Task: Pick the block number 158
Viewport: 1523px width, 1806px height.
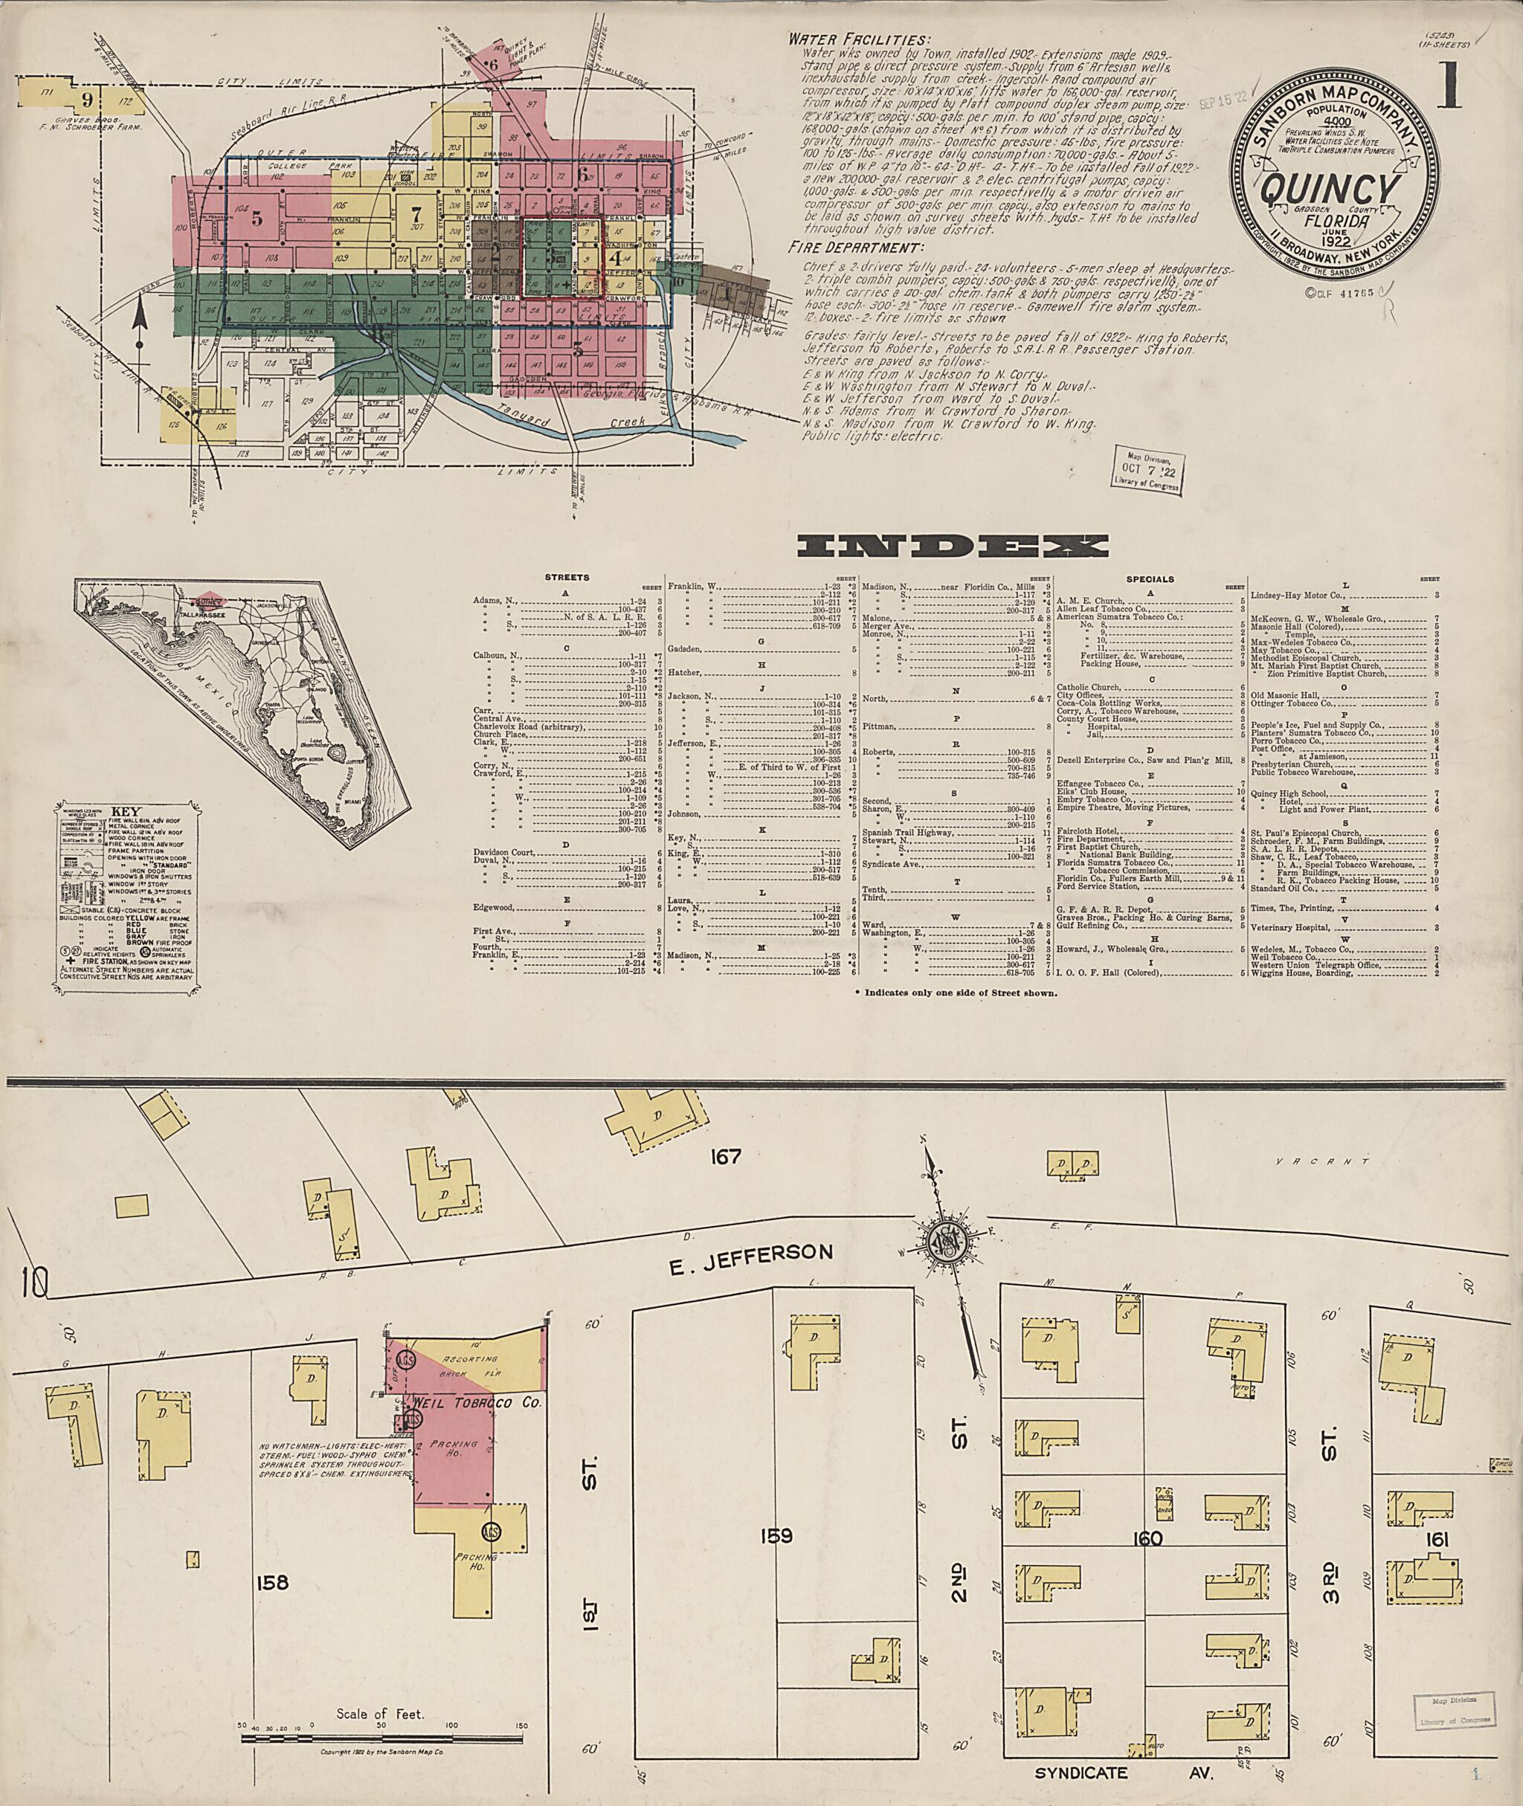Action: point(272,1582)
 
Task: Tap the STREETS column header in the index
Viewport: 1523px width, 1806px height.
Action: point(568,578)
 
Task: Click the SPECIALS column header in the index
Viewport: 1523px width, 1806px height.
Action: point(1150,578)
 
